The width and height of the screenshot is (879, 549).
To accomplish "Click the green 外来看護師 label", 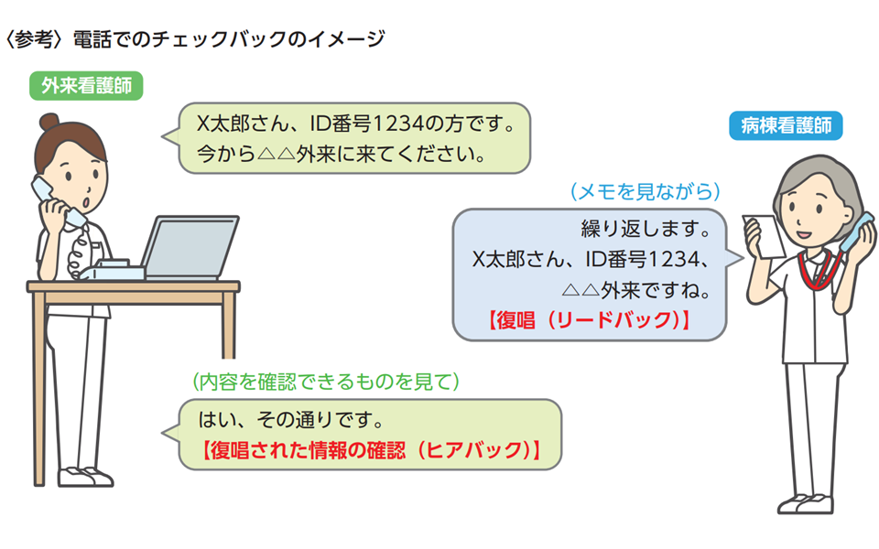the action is [x=86, y=86].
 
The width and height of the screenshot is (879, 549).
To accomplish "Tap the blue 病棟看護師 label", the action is [x=786, y=125].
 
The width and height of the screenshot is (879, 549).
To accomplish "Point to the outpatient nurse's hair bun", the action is [x=49, y=122].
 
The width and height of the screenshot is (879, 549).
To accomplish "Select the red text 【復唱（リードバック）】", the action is [x=588, y=320].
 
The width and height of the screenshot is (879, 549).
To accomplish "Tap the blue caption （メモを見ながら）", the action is [x=646, y=191].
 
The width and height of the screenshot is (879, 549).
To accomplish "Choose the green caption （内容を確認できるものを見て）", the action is [x=326, y=382].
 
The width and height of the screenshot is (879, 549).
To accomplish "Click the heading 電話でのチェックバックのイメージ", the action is [x=229, y=38].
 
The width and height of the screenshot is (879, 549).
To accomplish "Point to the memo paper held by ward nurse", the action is [x=764, y=235].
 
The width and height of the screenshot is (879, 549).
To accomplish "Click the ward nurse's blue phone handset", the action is [x=854, y=231].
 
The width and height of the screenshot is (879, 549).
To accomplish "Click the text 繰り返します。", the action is [x=646, y=228].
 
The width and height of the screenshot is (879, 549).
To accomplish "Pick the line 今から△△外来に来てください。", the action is [x=342, y=154].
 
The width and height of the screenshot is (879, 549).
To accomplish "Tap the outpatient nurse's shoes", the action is [x=85, y=477].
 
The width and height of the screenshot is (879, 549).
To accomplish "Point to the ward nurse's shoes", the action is [x=805, y=503].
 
